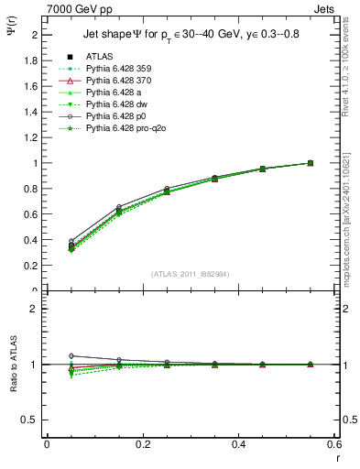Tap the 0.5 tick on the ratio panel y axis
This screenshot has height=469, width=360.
pos(33,420)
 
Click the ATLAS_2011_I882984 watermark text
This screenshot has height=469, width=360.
pos(190,273)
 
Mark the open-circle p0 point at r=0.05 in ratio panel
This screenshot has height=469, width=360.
pos(71,355)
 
